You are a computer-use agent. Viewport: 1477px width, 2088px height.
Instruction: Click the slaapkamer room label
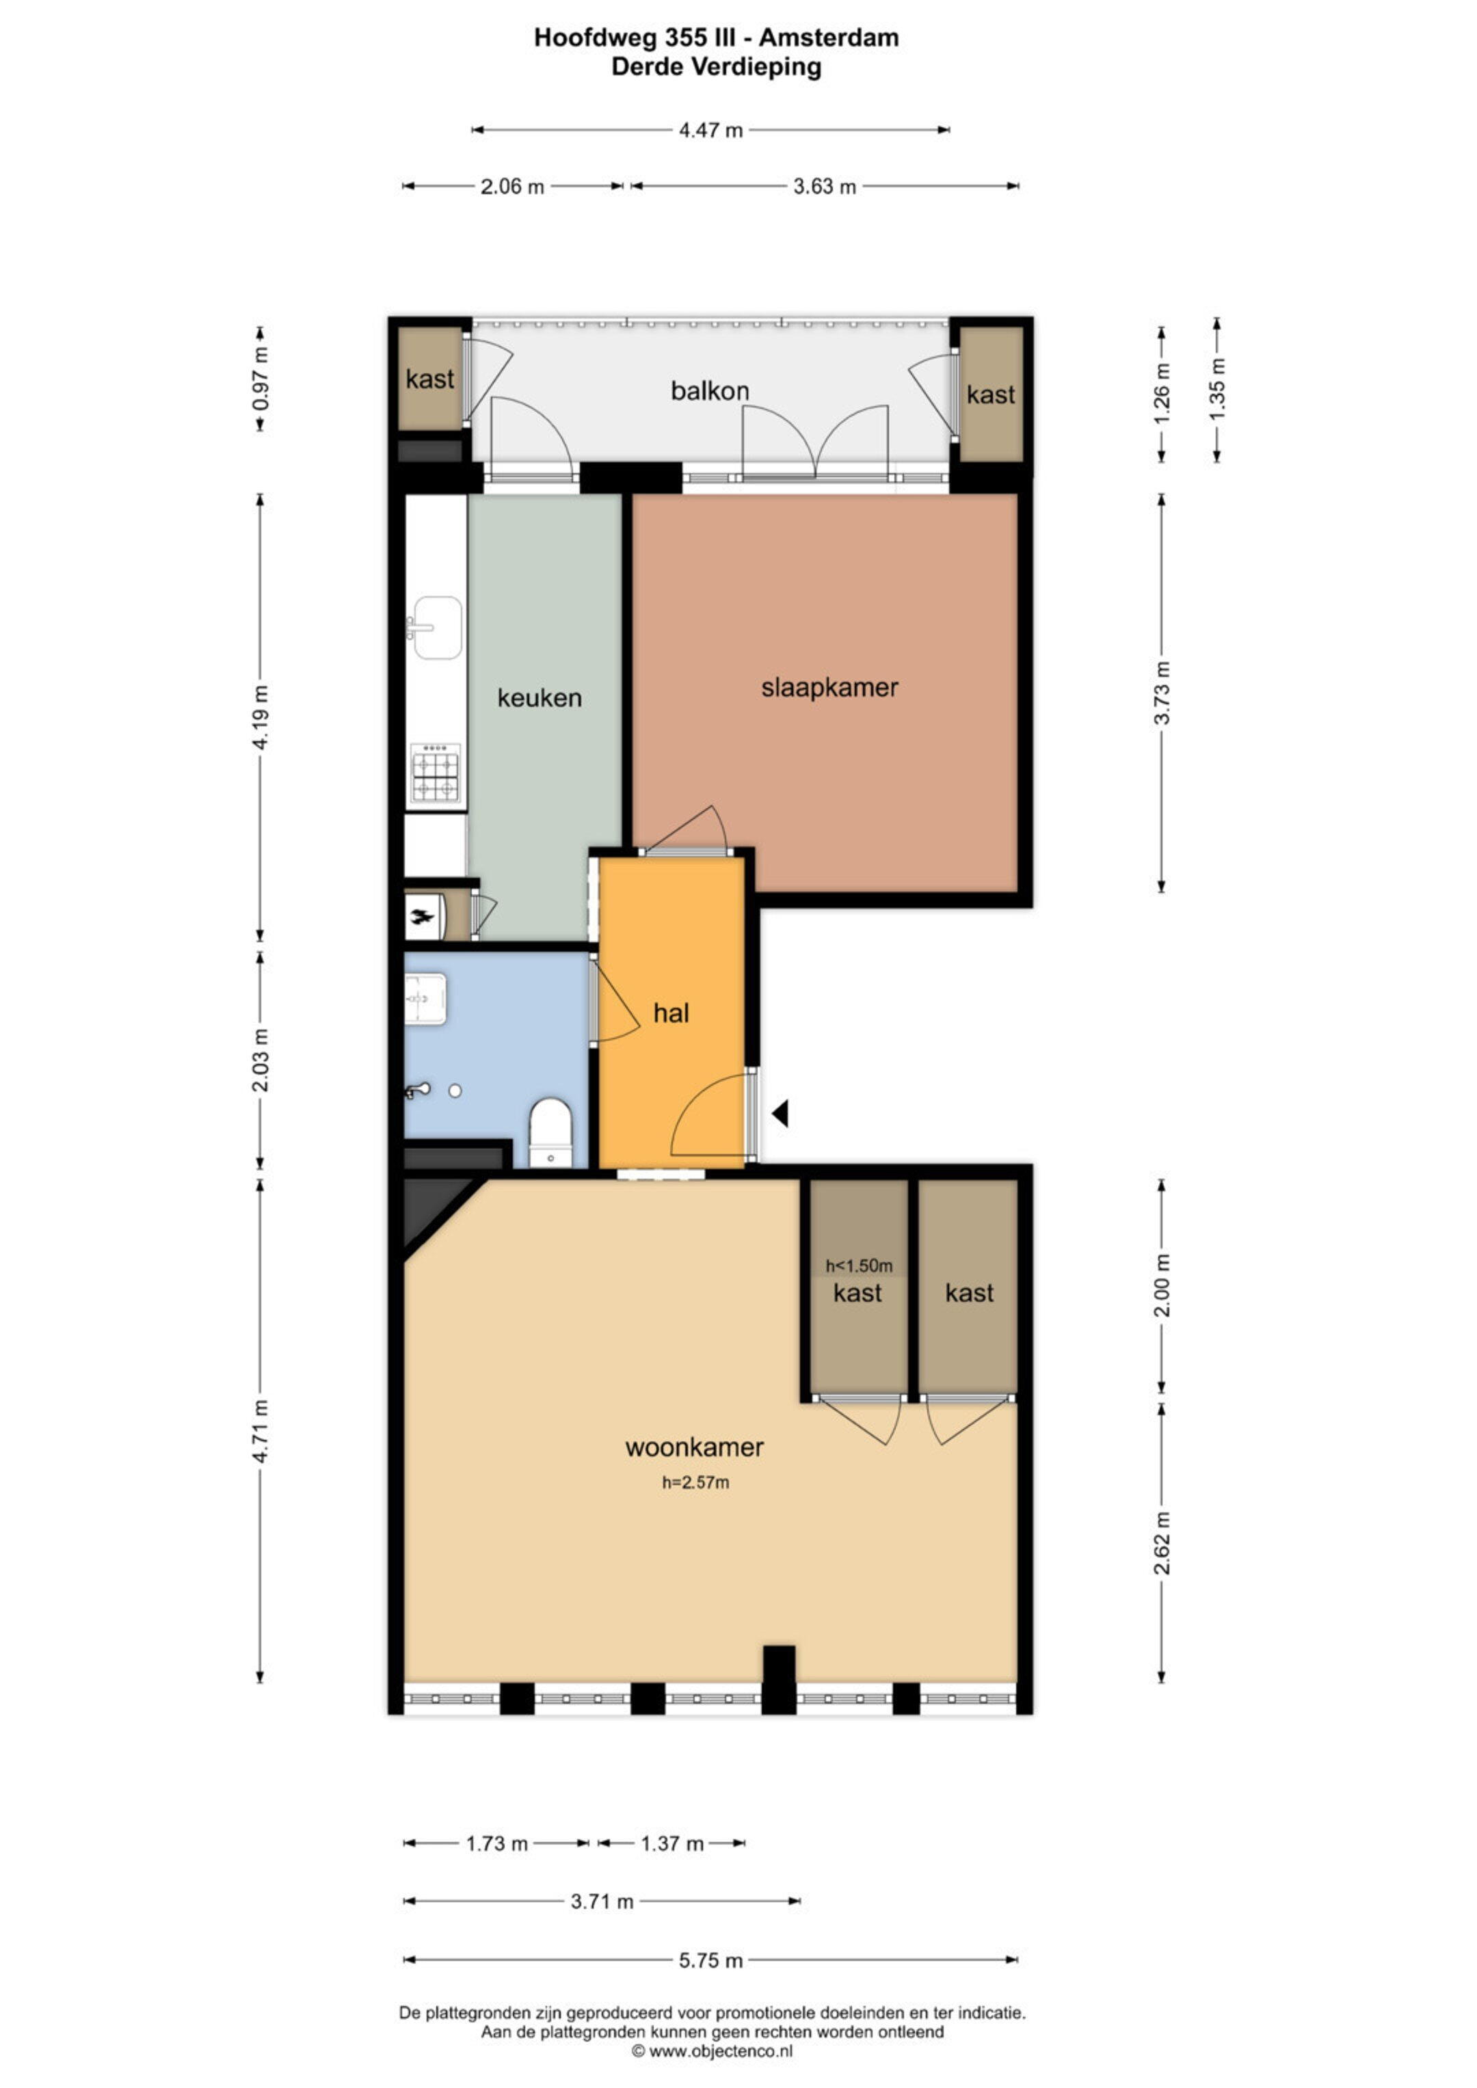(829, 688)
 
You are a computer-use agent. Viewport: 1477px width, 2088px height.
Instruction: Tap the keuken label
(540, 699)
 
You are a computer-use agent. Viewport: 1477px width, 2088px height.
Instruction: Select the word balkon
(709, 391)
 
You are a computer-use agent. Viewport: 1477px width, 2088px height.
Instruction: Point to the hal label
(671, 1013)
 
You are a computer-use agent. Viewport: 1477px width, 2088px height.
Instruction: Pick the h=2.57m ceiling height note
(695, 1482)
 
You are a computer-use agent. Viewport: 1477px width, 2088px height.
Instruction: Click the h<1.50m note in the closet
(859, 1266)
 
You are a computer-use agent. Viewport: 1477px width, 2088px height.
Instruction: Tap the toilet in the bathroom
(550, 1132)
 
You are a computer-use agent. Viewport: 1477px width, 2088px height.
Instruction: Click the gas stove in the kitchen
(436, 774)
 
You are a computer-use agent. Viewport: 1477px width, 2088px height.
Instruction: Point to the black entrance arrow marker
(780, 1113)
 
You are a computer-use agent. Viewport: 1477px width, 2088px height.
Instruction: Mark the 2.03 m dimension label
(260, 1060)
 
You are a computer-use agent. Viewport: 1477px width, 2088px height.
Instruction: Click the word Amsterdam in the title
(829, 38)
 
